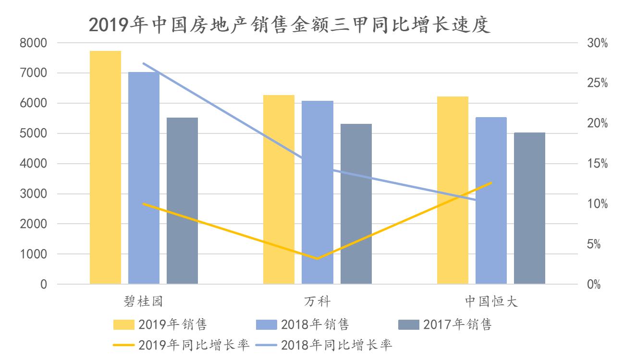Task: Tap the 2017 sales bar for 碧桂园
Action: click(x=182, y=202)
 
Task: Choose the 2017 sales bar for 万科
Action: click(x=356, y=204)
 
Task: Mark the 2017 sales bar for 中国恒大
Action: click(x=529, y=209)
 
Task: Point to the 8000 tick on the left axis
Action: click(x=33, y=43)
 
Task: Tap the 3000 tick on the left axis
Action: click(x=33, y=194)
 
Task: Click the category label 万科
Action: click(x=317, y=301)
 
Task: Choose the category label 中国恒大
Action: click(x=491, y=301)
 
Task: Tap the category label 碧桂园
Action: click(x=144, y=301)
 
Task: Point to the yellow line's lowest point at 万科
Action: click(x=317, y=259)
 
